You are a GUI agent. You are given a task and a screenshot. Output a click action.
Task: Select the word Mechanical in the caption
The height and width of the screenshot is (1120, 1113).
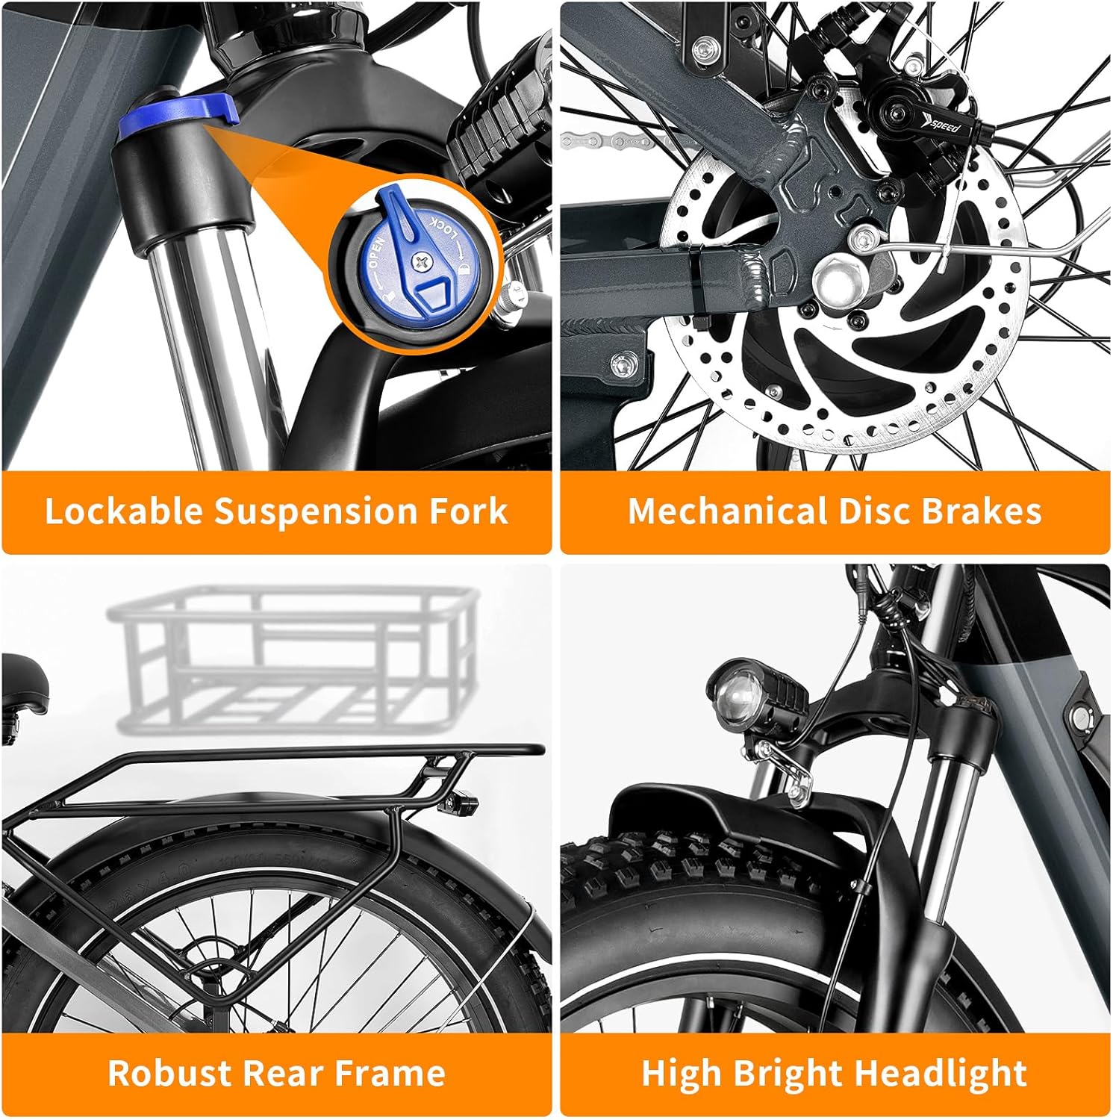727,511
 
